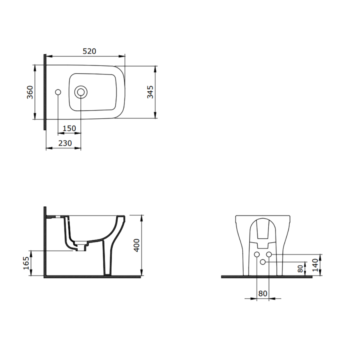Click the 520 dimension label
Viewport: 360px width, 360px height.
point(89,51)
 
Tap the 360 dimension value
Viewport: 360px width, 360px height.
point(30,92)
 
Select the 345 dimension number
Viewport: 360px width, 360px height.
point(150,92)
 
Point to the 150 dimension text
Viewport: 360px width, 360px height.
point(69,128)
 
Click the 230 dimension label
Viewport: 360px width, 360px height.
point(65,143)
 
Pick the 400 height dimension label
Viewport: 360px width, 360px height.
point(137,245)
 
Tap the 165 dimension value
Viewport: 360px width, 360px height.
point(26,263)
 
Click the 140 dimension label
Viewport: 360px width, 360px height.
point(316,265)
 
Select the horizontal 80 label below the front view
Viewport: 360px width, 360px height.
point(263,294)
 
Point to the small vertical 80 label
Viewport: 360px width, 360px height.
point(300,269)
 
